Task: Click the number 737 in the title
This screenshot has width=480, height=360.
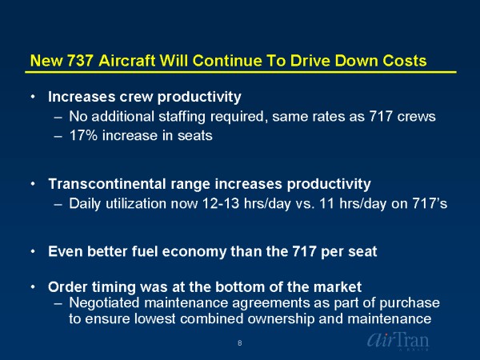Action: (79, 61)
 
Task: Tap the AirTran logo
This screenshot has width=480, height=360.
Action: (398, 341)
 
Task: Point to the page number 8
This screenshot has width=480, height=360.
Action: (240, 343)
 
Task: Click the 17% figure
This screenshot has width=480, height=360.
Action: (83, 135)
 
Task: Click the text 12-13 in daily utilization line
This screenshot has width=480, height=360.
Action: (221, 203)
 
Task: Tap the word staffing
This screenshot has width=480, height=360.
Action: (182, 117)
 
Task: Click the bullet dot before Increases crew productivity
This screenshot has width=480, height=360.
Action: (33, 97)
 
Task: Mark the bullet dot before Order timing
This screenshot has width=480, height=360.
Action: (33, 287)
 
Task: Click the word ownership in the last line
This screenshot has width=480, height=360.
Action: (281, 319)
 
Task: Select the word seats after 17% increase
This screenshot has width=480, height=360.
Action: (195, 136)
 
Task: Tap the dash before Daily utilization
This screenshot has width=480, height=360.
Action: (58, 204)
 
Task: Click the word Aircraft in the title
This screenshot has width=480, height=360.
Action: (127, 61)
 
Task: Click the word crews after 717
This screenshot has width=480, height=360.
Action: (416, 117)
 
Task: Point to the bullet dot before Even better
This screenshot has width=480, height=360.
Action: (33, 251)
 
